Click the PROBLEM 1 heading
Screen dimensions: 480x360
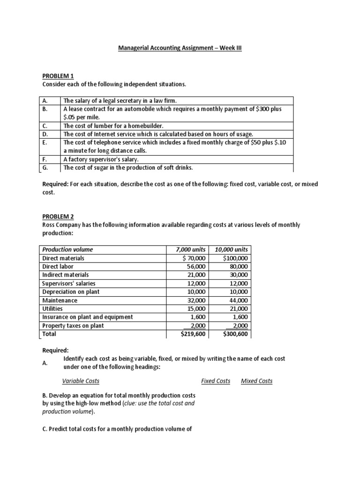(58, 76)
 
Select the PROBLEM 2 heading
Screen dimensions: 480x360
(58, 217)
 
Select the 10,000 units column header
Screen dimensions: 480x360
(231, 249)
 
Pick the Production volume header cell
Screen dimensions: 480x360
(67, 249)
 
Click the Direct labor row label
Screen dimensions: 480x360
(58, 266)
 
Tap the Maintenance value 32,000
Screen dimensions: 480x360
(196, 300)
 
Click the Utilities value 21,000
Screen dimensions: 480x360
(238, 308)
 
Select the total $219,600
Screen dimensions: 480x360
(193, 334)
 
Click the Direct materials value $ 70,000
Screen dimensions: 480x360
(194, 258)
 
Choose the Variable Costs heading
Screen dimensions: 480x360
(81, 381)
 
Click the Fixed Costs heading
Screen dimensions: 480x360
(216, 381)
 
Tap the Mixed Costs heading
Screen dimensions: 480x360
(256, 381)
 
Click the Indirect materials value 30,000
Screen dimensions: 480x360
(238, 275)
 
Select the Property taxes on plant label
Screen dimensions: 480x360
(73, 325)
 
